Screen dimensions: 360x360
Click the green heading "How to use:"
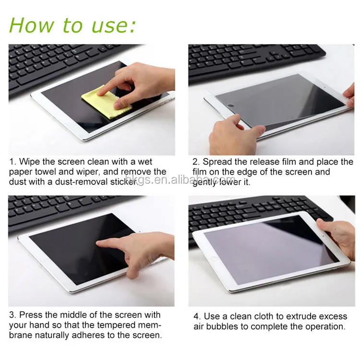point(72,25)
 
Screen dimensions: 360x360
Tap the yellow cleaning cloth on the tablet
point(106,102)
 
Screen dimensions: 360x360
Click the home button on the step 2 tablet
point(230,106)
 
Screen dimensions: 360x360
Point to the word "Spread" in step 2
point(217,162)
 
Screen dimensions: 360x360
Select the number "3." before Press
point(12,315)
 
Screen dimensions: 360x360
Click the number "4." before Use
point(197,316)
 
